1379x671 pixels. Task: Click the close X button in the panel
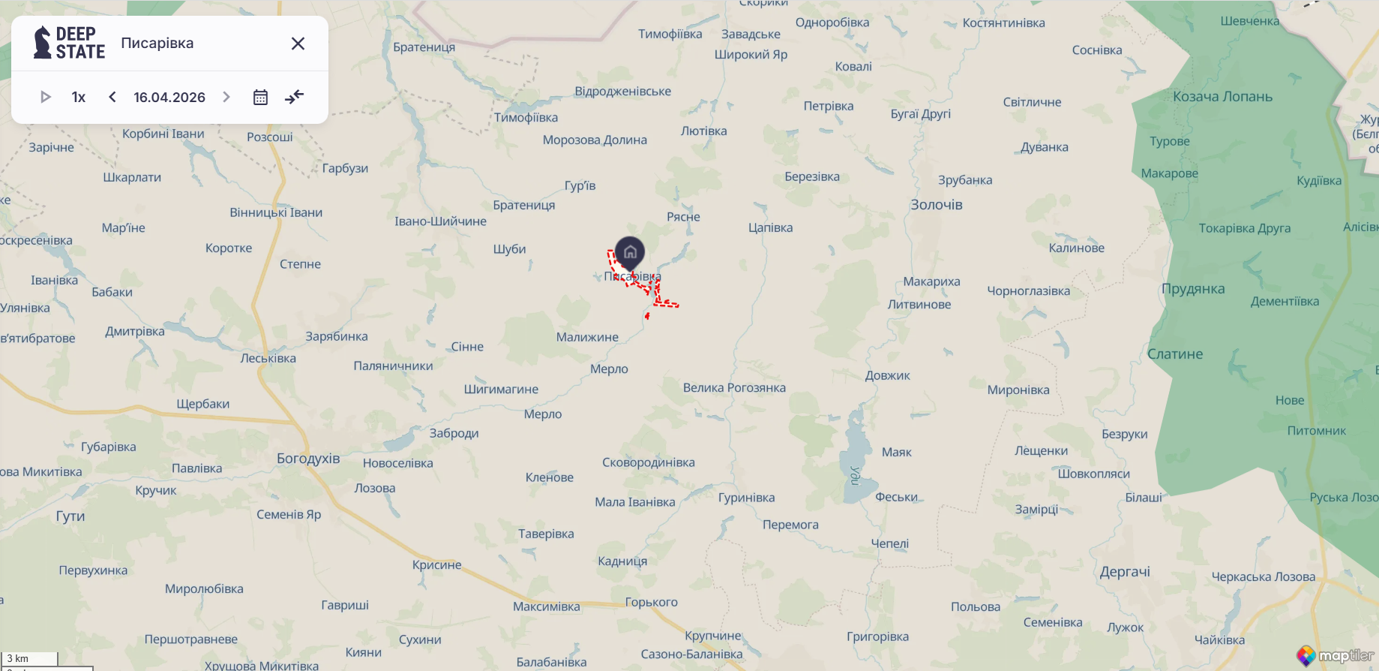point(298,44)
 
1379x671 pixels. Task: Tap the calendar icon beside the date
point(260,97)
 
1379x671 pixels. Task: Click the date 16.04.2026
point(169,97)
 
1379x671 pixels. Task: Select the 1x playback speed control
point(79,97)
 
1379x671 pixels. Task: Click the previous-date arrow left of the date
point(112,97)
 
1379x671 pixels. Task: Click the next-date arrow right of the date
point(226,97)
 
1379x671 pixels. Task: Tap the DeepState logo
point(69,43)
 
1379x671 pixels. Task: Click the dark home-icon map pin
point(630,251)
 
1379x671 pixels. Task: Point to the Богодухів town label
point(308,459)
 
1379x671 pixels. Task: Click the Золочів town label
point(937,205)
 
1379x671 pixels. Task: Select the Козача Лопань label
point(1222,96)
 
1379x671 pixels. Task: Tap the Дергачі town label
point(1125,571)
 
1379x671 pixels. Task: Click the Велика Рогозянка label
point(734,387)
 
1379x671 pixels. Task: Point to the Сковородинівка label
point(649,462)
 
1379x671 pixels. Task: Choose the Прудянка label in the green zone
point(1193,289)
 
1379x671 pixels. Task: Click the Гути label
point(70,516)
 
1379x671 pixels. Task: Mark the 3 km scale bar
point(30,659)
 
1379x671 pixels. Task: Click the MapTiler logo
point(1337,655)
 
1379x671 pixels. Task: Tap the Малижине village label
point(587,337)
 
